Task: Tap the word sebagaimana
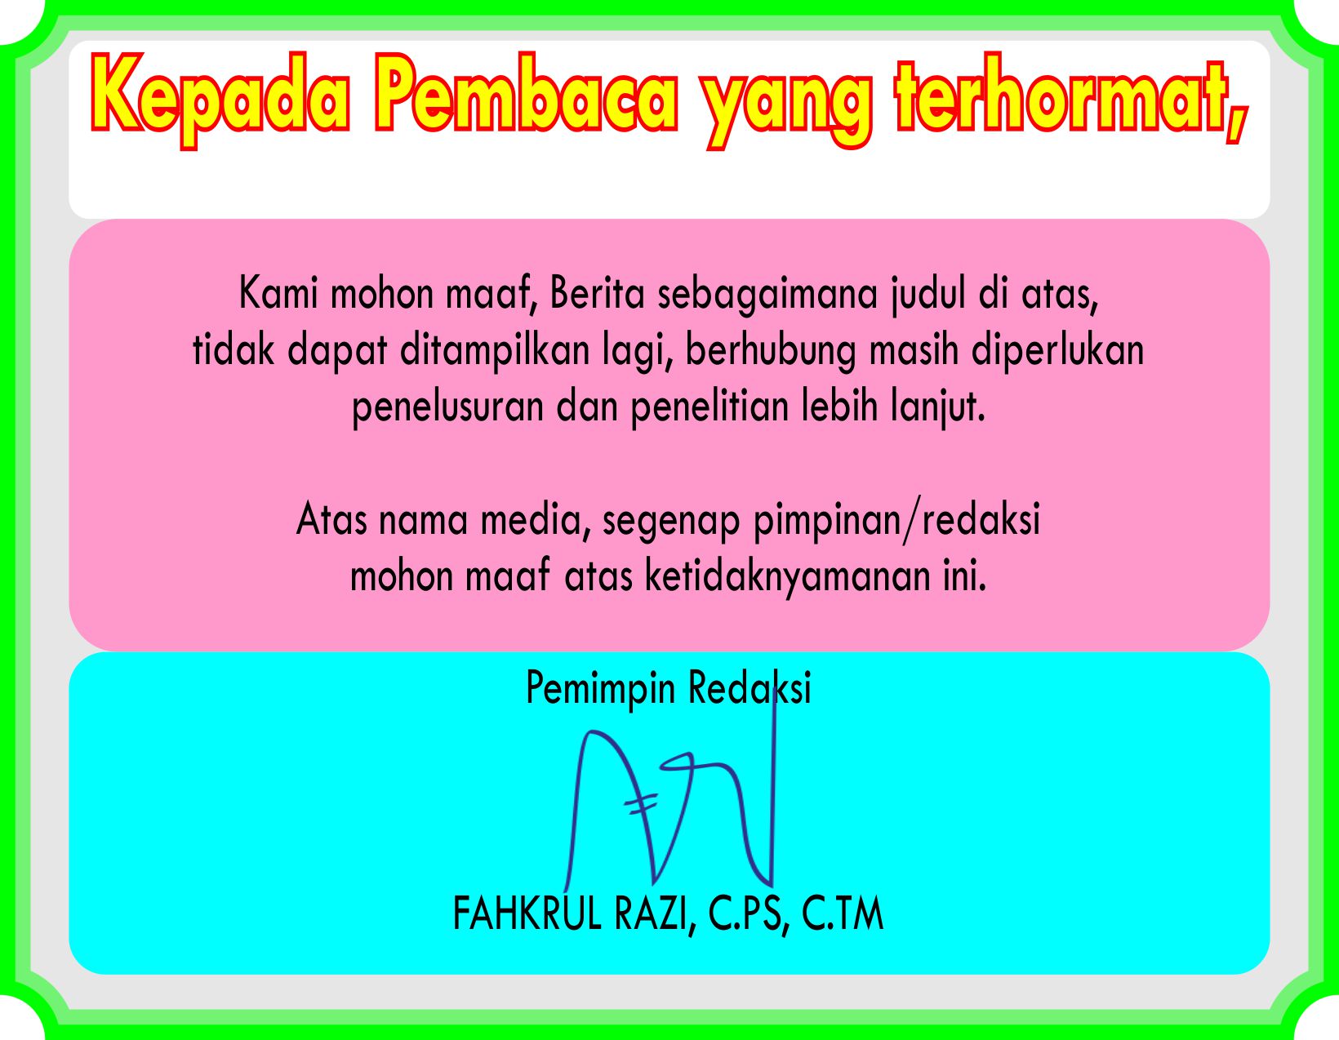[767, 296]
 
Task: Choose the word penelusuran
[447, 409]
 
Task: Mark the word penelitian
[710, 409]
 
